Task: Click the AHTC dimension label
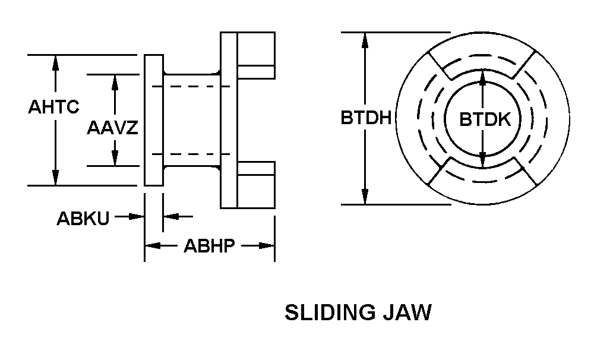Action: pos(53,107)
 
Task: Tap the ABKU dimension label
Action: pos(83,218)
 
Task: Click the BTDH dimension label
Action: pos(365,118)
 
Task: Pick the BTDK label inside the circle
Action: pos(485,119)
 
